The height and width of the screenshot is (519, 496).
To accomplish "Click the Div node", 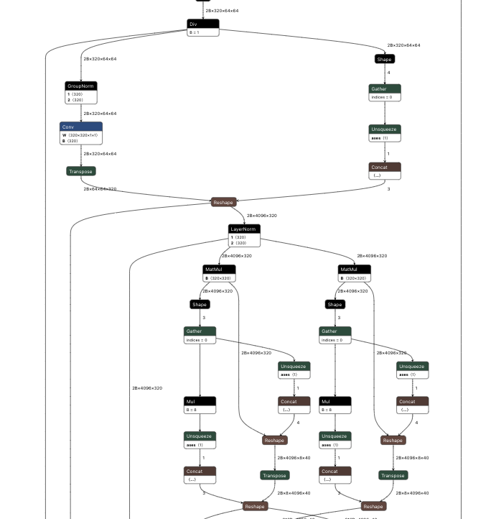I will pos(202,24).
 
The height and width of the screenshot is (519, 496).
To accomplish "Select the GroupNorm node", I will pos(80,86).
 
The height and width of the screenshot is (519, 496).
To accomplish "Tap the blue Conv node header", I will pos(80,127).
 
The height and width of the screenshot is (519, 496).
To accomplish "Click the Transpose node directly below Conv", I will pos(80,171).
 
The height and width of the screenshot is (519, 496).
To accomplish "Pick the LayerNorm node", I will pos(244,229).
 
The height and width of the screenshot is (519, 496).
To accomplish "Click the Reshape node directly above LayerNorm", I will pos(223,202).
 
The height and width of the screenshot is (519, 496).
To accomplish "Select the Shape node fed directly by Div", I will pos(384,59).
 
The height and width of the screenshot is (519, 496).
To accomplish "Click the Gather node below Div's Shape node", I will pos(384,88).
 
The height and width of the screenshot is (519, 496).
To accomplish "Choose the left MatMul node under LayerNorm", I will pos(219,270).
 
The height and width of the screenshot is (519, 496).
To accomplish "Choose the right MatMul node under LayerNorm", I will pos(355,270).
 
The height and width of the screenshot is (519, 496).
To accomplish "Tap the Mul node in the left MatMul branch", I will pos(200,402).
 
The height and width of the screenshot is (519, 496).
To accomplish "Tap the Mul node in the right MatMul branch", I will pos(335,402).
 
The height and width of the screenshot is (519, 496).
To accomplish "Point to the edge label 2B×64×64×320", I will pos(100,189).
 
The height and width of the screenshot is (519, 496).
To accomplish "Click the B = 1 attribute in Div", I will pos(194,32).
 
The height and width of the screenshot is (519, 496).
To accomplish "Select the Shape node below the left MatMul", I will pos(200,304).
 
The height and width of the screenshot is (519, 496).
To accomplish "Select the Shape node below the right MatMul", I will pos(335,304).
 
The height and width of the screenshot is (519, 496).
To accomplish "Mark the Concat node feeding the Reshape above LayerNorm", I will pos(384,167).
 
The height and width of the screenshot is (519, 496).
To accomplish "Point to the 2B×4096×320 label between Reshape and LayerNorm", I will pos(261,216).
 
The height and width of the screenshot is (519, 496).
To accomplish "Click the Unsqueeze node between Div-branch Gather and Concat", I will pos(384,129).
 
